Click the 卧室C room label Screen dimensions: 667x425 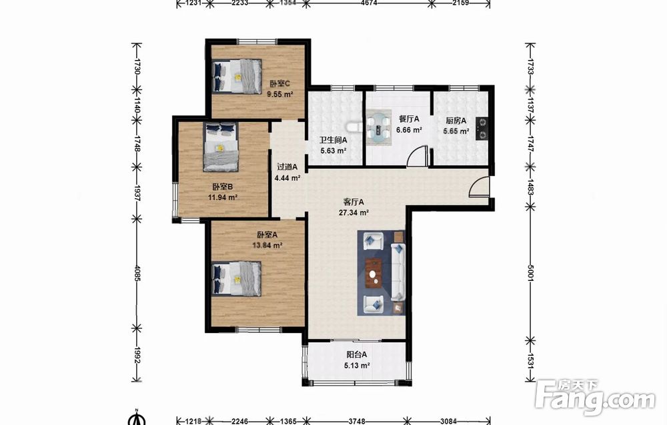point(280,83)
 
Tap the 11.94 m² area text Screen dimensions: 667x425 point(223,197)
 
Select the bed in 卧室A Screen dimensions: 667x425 point(237,278)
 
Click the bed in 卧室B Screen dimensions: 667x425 point(220,147)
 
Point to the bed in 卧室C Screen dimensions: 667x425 point(237,76)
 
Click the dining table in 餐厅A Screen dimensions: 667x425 point(379,125)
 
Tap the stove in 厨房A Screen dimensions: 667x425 point(482,128)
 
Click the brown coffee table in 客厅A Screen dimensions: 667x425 point(374,273)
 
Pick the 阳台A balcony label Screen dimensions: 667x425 point(356,354)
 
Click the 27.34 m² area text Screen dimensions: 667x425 point(354,213)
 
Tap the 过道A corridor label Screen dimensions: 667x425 point(287,167)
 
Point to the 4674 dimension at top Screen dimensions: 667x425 point(369,3)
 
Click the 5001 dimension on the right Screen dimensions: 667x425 point(530,273)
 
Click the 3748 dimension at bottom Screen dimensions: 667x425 point(357,421)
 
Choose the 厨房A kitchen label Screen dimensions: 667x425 point(456,121)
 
